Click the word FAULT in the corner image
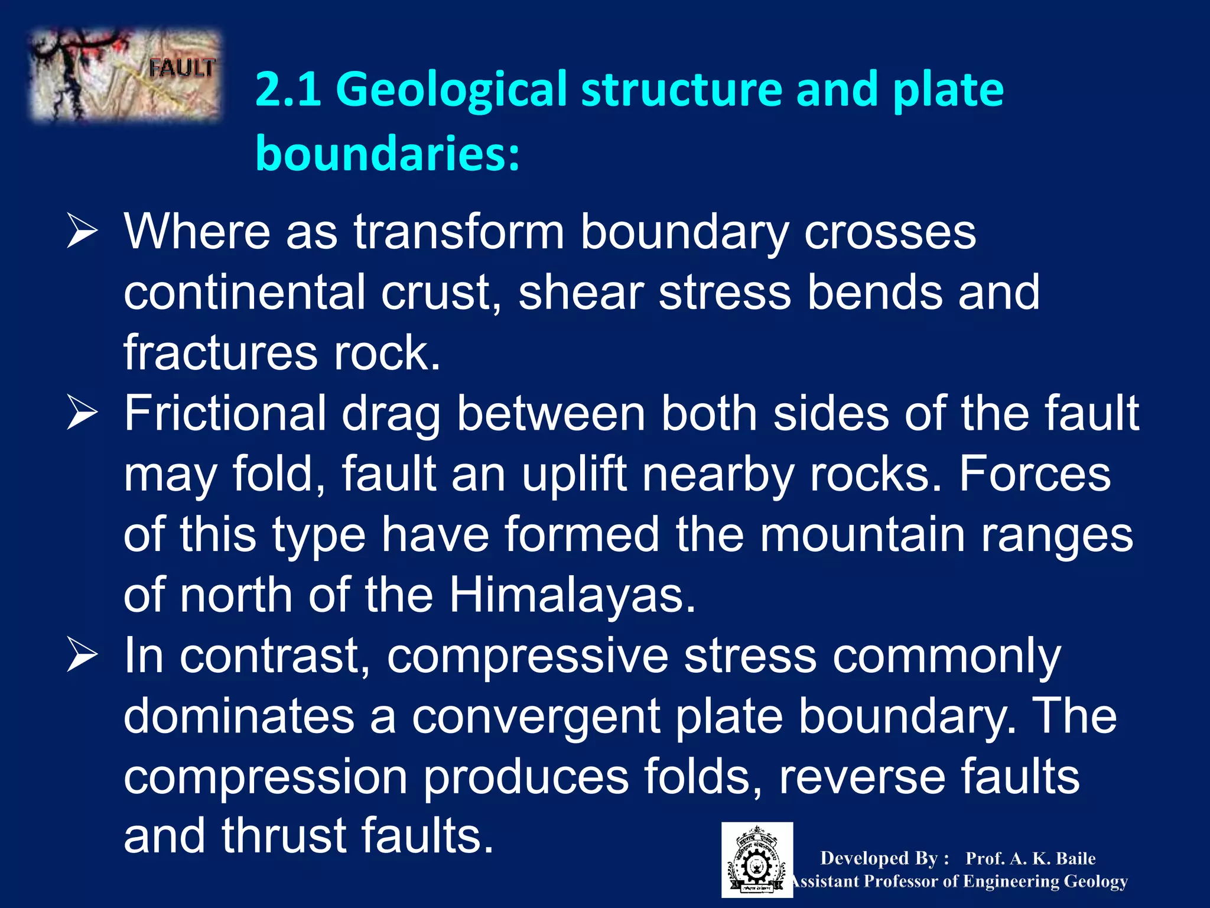(x=181, y=69)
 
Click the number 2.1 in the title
(x=288, y=89)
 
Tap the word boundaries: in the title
(x=388, y=153)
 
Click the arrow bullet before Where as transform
(x=82, y=232)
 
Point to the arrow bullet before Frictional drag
(x=82, y=413)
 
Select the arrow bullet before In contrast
(x=82, y=655)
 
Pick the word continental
(x=244, y=292)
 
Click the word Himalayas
(x=572, y=595)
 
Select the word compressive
(x=527, y=656)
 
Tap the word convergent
(x=535, y=716)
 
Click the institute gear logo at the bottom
(x=757, y=860)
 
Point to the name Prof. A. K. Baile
(x=1030, y=858)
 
